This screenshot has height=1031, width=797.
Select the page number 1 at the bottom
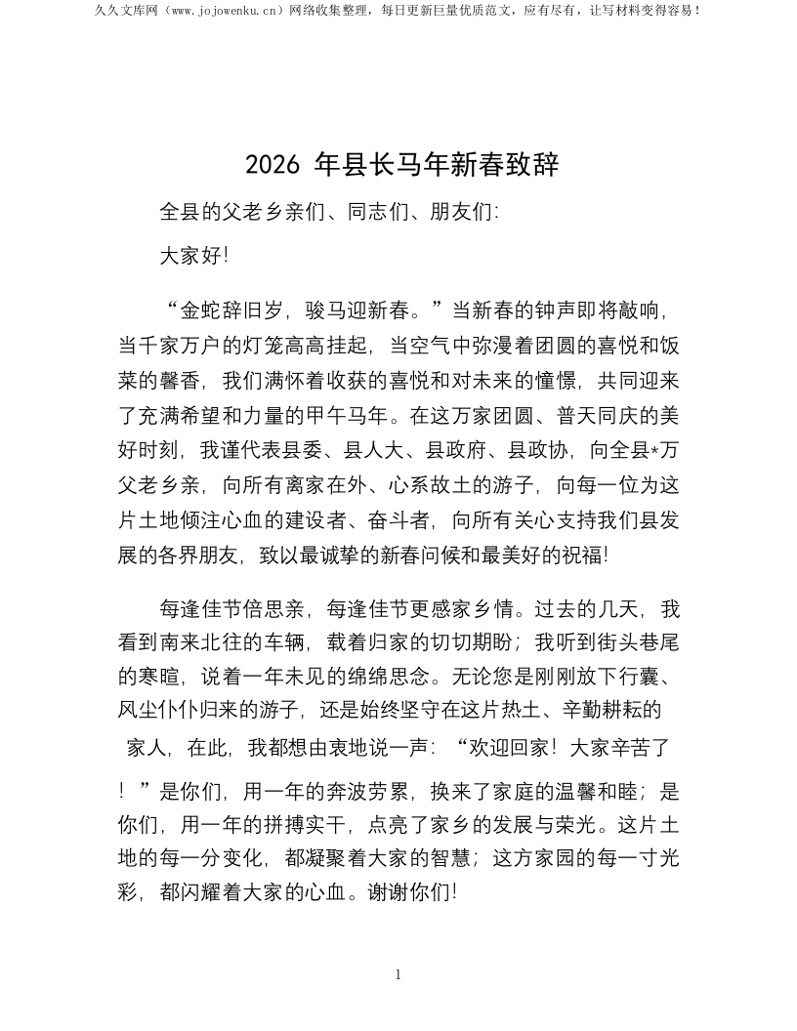pos(398,974)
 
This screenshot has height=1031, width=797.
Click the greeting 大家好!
pos(194,258)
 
